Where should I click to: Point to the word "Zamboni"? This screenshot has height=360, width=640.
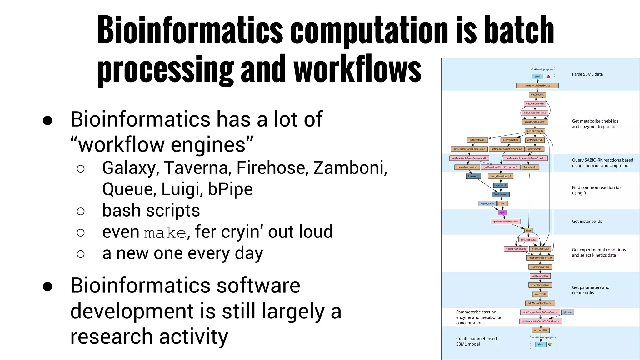click(x=350, y=168)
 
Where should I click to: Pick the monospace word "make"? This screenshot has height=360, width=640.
click(x=165, y=233)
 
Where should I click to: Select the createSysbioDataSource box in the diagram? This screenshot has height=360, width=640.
click(x=537, y=86)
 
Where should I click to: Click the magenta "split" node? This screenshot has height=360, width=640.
click(x=502, y=212)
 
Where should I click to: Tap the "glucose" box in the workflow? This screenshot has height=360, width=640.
click(x=567, y=312)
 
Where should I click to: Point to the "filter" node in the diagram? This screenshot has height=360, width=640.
click(x=528, y=231)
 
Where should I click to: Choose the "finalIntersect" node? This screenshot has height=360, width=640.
click(x=501, y=194)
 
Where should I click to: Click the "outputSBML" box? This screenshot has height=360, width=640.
click(x=540, y=330)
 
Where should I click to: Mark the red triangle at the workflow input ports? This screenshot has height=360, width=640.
click(x=548, y=76)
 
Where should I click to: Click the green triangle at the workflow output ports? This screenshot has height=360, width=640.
click(x=550, y=345)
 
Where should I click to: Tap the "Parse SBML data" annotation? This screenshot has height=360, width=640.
click(x=587, y=74)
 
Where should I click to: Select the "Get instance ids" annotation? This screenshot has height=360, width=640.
click(x=587, y=222)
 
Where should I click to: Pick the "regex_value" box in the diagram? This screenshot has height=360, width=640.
click(x=487, y=203)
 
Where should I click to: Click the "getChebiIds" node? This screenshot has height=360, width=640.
click(x=537, y=95)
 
